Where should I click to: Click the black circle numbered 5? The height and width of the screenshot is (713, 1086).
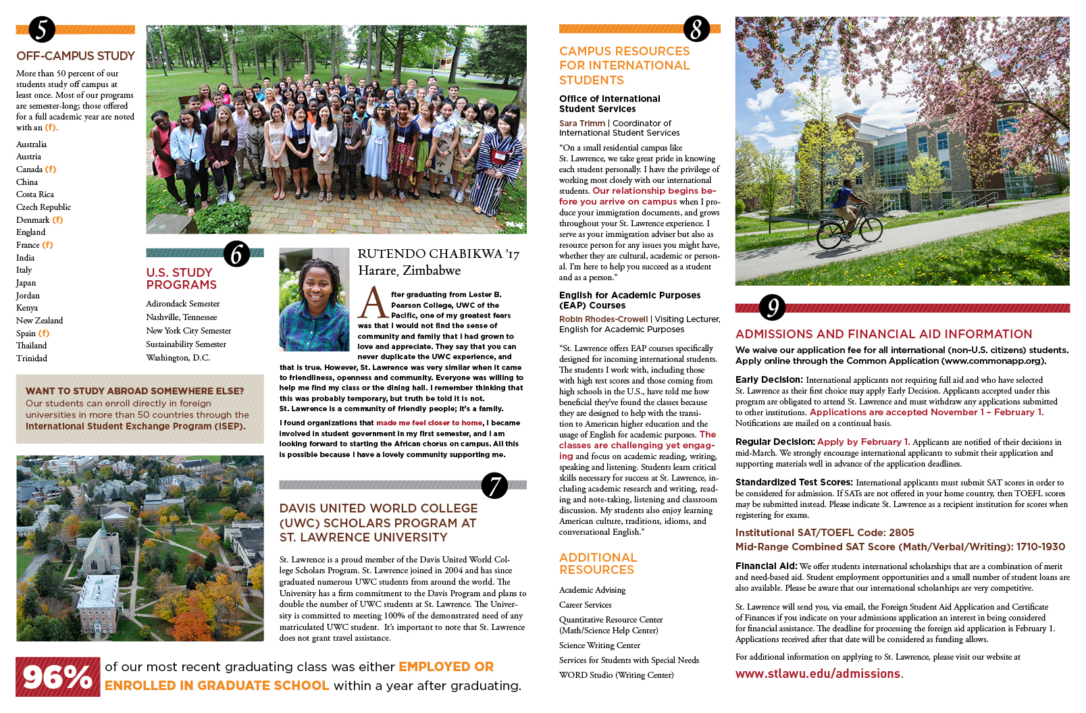coord(42,30)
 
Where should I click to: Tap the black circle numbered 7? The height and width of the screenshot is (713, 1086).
coord(494,485)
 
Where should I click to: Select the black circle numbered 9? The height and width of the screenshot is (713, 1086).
coord(772,307)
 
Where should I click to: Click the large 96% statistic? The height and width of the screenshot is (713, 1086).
coord(57,677)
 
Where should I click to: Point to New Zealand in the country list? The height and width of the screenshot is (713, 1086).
coord(39,321)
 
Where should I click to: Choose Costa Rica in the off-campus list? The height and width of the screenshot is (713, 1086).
coord(35,194)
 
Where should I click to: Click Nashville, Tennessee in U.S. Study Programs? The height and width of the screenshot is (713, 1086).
coord(182,317)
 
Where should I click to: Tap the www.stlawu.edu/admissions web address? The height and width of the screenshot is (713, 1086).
coord(817,674)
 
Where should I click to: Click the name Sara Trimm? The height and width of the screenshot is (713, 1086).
coord(581,124)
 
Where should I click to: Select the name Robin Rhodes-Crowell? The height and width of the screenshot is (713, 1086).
coord(603,319)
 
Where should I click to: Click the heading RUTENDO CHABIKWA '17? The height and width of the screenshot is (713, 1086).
coord(438,255)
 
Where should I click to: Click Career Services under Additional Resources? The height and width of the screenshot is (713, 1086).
coord(585,605)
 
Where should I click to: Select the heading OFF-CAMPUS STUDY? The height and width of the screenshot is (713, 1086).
coord(76,56)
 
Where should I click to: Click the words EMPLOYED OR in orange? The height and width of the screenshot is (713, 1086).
coord(446,667)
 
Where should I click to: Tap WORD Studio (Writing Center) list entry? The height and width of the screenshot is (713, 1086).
coord(616,675)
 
